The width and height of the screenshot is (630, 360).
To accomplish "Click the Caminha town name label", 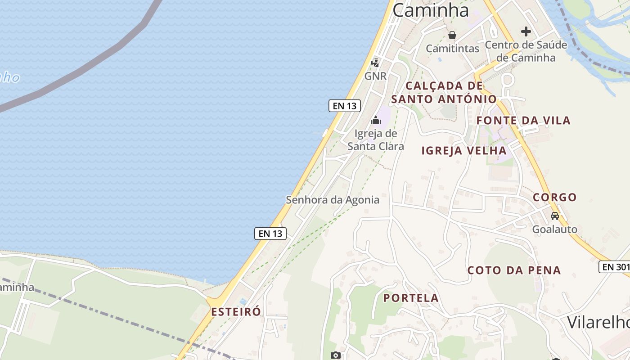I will [431, 10].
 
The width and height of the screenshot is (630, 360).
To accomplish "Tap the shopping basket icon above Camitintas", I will [452, 35].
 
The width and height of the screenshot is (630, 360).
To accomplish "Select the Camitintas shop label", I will [452, 48].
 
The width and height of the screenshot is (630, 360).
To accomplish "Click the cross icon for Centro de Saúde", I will [526, 31].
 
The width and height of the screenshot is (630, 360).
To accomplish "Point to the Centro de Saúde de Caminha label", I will [526, 51].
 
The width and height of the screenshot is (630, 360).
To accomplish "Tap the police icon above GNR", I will [375, 63].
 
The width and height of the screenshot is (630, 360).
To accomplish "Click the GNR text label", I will [375, 76].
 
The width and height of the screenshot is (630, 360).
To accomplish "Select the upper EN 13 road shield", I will [345, 106].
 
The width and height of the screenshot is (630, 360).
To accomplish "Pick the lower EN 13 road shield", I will [270, 233].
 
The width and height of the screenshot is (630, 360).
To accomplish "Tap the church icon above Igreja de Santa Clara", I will [375, 120].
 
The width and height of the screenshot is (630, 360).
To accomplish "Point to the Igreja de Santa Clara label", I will [376, 139].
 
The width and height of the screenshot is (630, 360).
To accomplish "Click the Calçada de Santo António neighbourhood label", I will [444, 92].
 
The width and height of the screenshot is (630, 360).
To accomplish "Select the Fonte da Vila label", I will [523, 120].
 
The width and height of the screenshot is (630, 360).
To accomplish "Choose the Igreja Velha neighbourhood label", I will [464, 151].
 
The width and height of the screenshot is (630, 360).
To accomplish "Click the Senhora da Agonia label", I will [333, 200].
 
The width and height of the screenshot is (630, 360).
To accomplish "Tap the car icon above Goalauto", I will [555, 216].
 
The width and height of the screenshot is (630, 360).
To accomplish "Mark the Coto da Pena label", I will [514, 270].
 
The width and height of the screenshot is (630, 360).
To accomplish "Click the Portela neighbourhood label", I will [411, 298].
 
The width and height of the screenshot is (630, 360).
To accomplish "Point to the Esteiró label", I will [236, 312].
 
